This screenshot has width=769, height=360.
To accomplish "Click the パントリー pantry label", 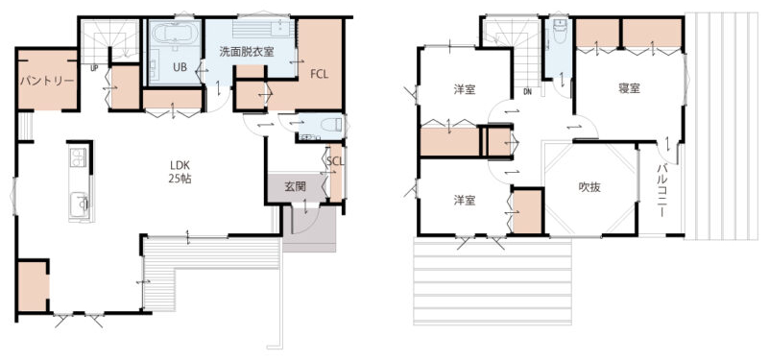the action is tap(47, 81).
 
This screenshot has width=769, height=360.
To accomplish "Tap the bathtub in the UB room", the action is tap(176, 35).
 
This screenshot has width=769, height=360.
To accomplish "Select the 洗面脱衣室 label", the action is tap(246, 51).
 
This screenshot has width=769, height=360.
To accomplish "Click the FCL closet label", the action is tap(319, 74).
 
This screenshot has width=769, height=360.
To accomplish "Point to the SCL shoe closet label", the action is tap(334, 161).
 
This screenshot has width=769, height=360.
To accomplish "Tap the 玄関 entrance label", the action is tap(296, 186).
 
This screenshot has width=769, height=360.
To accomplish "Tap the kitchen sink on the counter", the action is tap(79, 203).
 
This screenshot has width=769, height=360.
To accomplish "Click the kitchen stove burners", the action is tap(78, 157).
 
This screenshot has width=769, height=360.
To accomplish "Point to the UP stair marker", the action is tap(94, 69).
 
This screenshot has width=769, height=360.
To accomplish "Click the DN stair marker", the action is tap(527, 91).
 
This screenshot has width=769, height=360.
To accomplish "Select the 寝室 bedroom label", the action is tap(629, 88).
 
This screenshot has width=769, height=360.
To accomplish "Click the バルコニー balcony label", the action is tap(661, 190).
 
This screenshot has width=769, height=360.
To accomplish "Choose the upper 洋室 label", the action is tap(464, 89).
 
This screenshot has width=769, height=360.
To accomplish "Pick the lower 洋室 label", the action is tap(464, 200).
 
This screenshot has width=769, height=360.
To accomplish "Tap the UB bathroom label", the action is tap(180, 68).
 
